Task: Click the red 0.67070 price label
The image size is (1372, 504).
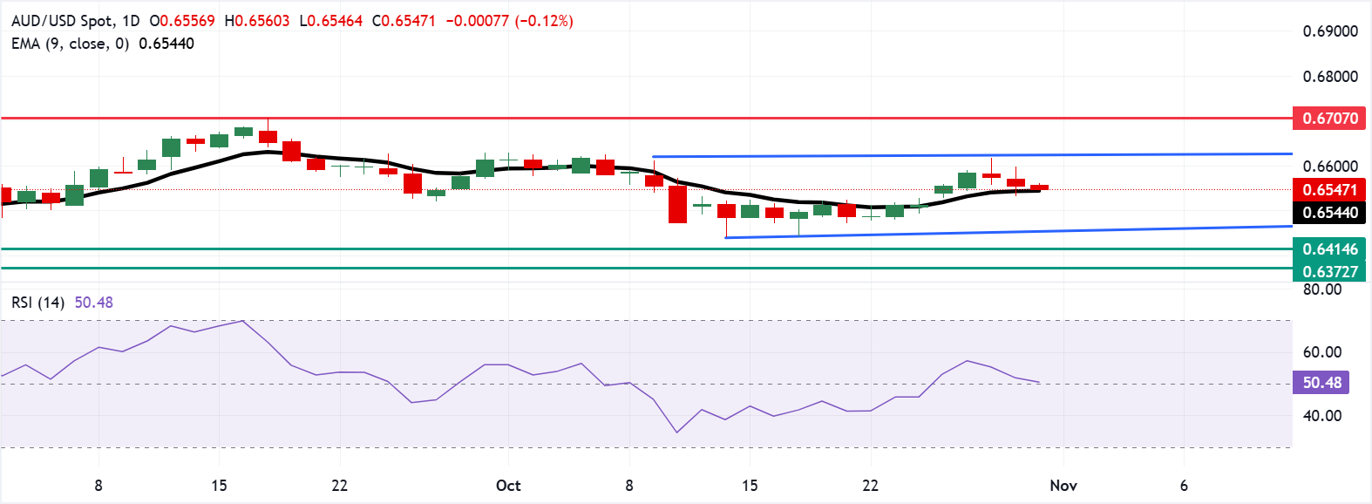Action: point(1329,118)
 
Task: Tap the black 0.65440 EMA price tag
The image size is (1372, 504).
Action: point(1329,212)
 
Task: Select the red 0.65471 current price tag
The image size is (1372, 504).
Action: point(1329,189)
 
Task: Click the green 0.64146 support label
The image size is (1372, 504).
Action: point(1329,249)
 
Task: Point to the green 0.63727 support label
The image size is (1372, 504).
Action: point(1329,271)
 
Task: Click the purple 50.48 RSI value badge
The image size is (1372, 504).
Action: point(1321,383)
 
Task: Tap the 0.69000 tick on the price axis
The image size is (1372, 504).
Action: point(1330,31)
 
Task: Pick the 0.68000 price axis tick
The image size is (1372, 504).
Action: point(1330,77)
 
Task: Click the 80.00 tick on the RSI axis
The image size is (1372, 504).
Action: point(1321,289)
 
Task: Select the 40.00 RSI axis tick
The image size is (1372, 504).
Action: point(1321,416)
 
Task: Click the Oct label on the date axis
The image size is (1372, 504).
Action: point(508,486)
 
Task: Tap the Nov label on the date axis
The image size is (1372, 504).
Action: point(1063,486)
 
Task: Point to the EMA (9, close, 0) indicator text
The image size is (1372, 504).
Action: point(70,44)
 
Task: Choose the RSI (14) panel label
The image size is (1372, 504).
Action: point(37,303)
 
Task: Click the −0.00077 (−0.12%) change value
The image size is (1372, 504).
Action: point(509,21)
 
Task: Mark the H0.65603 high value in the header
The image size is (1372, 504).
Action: point(257,21)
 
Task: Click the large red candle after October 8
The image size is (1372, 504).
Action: point(677,204)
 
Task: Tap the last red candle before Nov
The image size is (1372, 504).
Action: point(1039,187)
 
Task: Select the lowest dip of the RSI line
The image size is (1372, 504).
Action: point(677,432)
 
